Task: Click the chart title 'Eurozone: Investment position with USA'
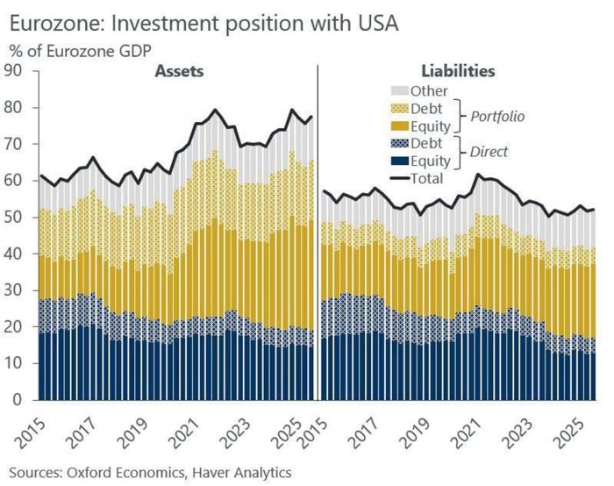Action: [x=203, y=23]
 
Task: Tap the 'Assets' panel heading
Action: [x=180, y=70]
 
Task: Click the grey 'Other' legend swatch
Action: [x=401, y=90]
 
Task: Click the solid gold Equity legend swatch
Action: [x=401, y=125]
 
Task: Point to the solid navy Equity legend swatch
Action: [x=401, y=161]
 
